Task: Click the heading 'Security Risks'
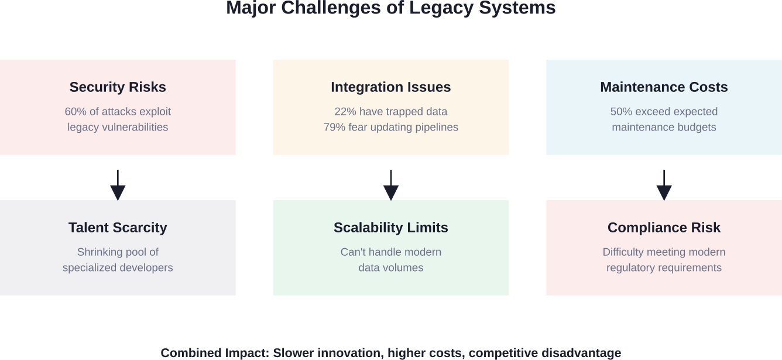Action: [x=118, y=87]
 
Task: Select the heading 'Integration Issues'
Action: [x=390, y=87]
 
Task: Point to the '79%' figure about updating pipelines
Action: [x=335, y=128]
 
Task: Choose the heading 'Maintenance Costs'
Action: [x=664, y=87]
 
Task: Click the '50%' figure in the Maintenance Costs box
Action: [x=622, y=112]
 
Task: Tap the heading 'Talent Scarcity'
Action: [x=118, y=228]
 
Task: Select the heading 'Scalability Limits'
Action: [x=390, y=228]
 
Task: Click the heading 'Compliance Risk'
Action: [x=664, y=228]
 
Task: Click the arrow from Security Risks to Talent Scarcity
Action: [x=118, y=186]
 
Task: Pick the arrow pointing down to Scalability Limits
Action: [x=390, y=186]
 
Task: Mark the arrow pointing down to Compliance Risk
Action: [x=664, y=186]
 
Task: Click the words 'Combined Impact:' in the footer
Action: [x=215, y=353]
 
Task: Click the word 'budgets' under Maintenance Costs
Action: [x=696, y=128]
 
